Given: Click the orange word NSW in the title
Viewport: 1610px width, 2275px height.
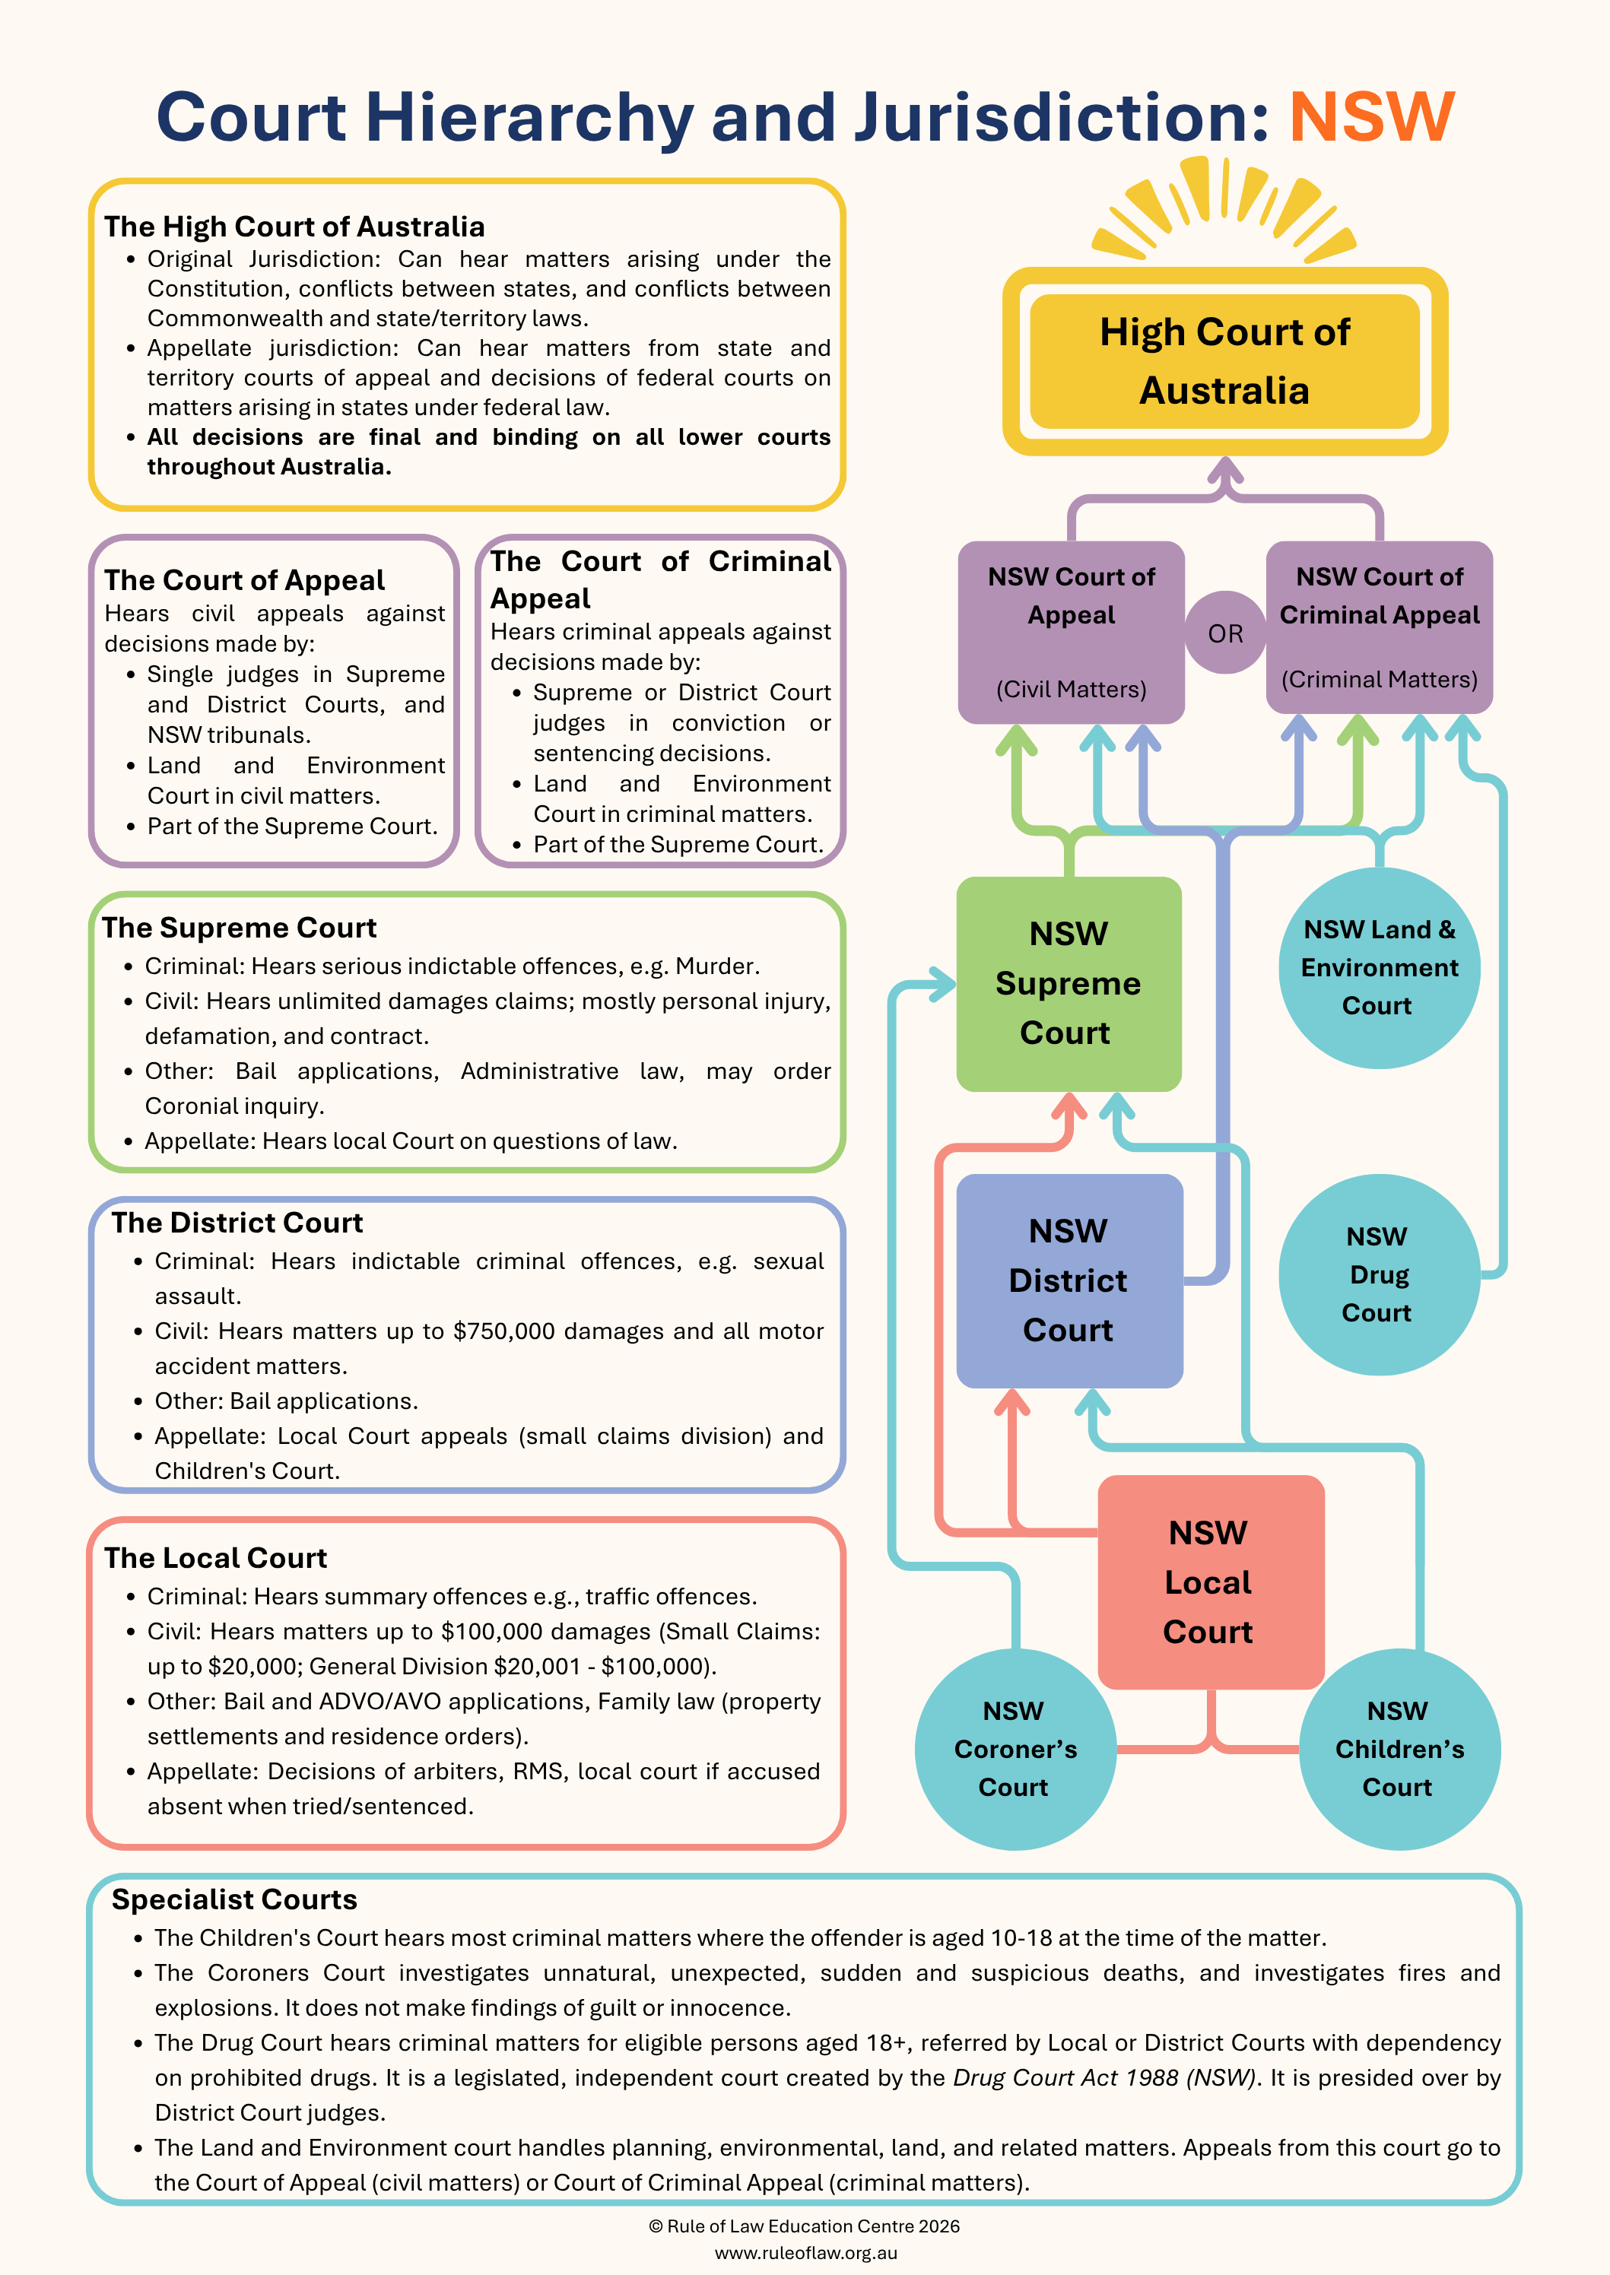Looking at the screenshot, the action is (1371, 117).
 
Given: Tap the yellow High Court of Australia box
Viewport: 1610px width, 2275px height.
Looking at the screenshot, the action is (1225, 361).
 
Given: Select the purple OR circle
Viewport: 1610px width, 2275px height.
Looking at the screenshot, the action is (1225, 633).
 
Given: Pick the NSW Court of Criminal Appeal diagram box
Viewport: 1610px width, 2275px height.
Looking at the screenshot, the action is (1379, 627).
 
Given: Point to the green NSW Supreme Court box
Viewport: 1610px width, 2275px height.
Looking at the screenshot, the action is (1069, 983).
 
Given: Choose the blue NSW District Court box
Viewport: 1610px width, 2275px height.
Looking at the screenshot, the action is (1069, 1280).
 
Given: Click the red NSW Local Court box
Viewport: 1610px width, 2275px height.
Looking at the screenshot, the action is (1211, 1582).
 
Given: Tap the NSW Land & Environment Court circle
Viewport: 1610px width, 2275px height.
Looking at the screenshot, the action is (1379, 967).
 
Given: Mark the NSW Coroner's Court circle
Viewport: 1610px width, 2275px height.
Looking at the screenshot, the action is (1015, 1749).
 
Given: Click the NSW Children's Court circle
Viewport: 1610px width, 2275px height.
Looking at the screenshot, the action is (1399, 1749).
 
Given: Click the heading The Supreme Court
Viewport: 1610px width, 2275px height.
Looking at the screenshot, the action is (239, 928).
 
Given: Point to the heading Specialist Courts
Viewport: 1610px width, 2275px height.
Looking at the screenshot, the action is (234, 1899).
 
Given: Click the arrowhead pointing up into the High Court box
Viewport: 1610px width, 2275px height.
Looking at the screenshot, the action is (1225, 470).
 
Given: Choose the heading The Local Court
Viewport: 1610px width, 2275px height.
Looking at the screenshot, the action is (215, 1558).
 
